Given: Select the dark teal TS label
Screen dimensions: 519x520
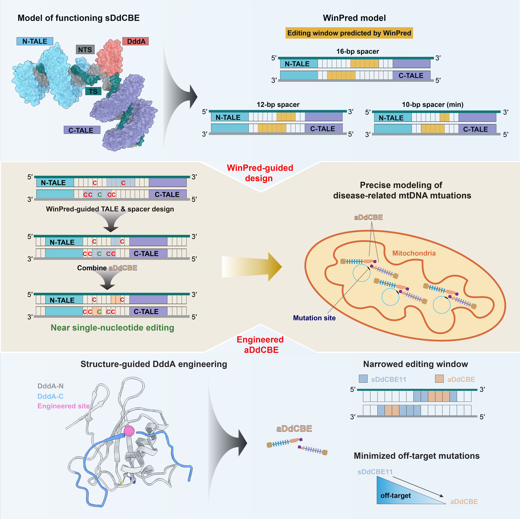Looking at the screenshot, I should coord(93,91).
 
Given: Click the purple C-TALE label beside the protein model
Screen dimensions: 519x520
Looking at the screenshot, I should coord(82,130).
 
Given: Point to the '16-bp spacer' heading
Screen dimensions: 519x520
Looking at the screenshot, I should coord(357,51).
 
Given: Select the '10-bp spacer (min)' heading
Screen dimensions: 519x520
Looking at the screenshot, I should coord(433,105).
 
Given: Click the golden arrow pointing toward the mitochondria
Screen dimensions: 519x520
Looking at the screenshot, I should coord(252,267).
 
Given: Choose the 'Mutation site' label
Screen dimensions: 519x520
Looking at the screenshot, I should coord(314,318).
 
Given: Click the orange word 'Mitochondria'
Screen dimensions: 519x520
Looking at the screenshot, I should coord(414,253).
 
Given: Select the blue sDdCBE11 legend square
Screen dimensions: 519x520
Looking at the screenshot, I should coord(363,379).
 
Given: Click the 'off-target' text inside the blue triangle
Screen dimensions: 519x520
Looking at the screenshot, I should coord(395,496).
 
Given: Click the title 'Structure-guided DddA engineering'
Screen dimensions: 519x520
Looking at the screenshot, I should coord(154,364).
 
